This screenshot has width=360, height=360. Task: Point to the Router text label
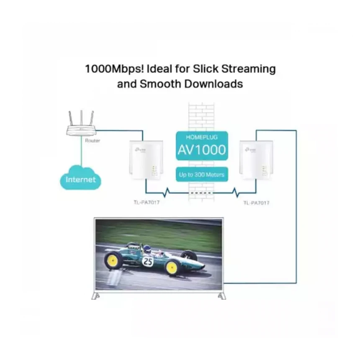point(93,141)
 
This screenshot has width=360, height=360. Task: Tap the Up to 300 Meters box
point(202,175)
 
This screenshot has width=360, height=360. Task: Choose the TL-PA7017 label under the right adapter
point(256,202)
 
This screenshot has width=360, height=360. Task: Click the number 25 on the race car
point(148,262)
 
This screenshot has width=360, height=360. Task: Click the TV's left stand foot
point(96,296)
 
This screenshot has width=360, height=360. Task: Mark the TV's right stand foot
point(221,296)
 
